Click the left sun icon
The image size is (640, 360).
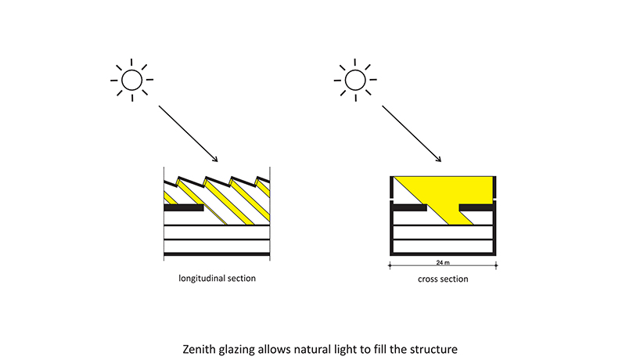point(131,79)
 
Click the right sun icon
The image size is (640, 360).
point(354,79)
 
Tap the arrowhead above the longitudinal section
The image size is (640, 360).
point(213,160)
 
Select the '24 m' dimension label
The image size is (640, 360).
point(443,264)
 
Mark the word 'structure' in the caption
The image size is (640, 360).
point(448,345)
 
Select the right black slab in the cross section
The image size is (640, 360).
point(477,209)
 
